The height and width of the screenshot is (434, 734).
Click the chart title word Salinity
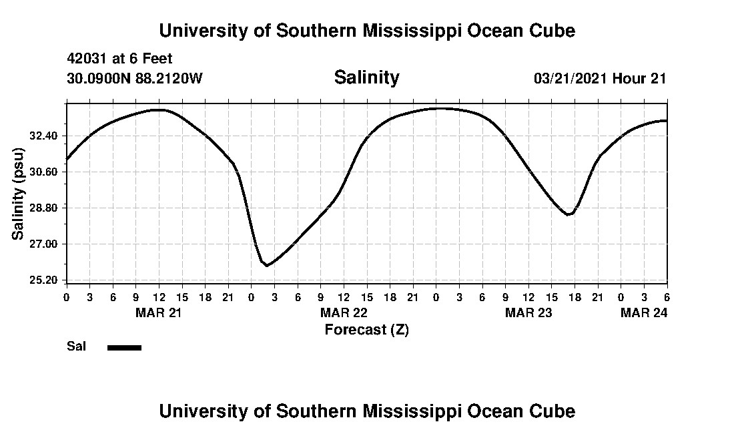366,77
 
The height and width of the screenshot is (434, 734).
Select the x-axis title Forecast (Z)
366,329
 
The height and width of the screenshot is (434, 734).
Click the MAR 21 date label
159,312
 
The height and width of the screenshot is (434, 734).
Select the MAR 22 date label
344,312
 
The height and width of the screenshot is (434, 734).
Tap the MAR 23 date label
528,312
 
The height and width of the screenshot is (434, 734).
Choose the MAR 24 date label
644,312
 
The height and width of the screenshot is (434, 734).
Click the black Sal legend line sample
124,347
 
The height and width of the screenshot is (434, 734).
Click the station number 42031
87,59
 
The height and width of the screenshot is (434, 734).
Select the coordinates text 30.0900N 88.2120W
134,79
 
